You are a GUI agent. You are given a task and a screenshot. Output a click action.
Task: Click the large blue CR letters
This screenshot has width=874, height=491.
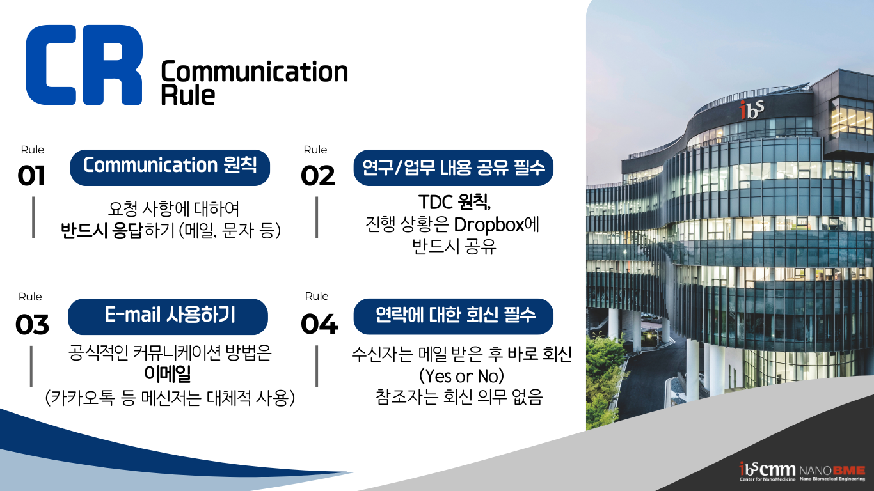coord(84,65)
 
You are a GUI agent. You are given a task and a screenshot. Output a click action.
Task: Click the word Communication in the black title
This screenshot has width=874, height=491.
coord(255,72)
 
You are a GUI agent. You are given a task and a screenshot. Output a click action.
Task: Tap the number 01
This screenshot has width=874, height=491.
coord(31,176)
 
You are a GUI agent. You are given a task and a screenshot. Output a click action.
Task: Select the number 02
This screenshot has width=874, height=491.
coord(317,176)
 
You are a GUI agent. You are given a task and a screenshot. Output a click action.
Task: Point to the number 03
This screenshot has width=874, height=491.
coord(32,325)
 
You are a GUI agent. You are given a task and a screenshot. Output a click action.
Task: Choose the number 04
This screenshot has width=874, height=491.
coord(319,324)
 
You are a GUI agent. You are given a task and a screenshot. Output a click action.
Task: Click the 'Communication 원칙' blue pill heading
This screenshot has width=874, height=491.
coord(170,168)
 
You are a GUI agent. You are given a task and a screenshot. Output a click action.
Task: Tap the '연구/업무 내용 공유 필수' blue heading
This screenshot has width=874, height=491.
coord(454,168)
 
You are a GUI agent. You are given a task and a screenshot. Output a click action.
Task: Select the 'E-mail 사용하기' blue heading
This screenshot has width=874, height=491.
coord(168,316)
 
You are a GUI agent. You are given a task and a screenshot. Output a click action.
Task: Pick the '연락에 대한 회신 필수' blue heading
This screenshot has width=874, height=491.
coord(454,316)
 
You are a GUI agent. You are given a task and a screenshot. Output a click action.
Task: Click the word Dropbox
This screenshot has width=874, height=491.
coord(489,225)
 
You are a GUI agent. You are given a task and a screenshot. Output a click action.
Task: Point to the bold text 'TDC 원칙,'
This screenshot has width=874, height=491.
coord(454,202)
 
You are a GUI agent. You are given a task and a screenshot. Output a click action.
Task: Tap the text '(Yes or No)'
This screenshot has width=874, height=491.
coord(461,376)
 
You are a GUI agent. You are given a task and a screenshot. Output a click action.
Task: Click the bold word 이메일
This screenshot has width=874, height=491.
coord(168,373)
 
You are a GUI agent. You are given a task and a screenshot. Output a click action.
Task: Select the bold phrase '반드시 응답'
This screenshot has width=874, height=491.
coord(102,230)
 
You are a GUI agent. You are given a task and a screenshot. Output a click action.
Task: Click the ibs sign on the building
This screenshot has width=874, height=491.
coord(752,109)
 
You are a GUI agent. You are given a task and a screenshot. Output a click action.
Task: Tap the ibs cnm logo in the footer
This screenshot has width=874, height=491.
coord(768,471)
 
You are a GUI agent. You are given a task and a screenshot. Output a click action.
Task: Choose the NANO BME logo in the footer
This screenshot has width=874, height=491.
coord(832,473)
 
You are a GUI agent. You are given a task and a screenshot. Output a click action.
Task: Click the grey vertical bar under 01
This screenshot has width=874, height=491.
coord(33,217)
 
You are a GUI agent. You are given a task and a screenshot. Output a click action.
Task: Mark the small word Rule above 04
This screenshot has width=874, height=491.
coord(317,296)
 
